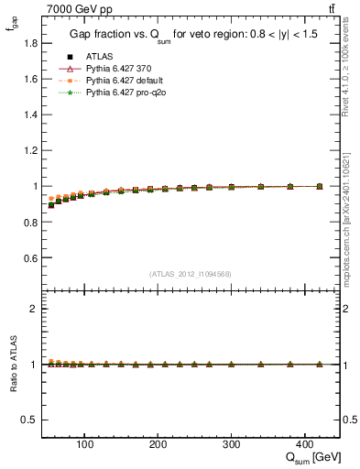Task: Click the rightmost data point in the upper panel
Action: pos(319,186)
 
